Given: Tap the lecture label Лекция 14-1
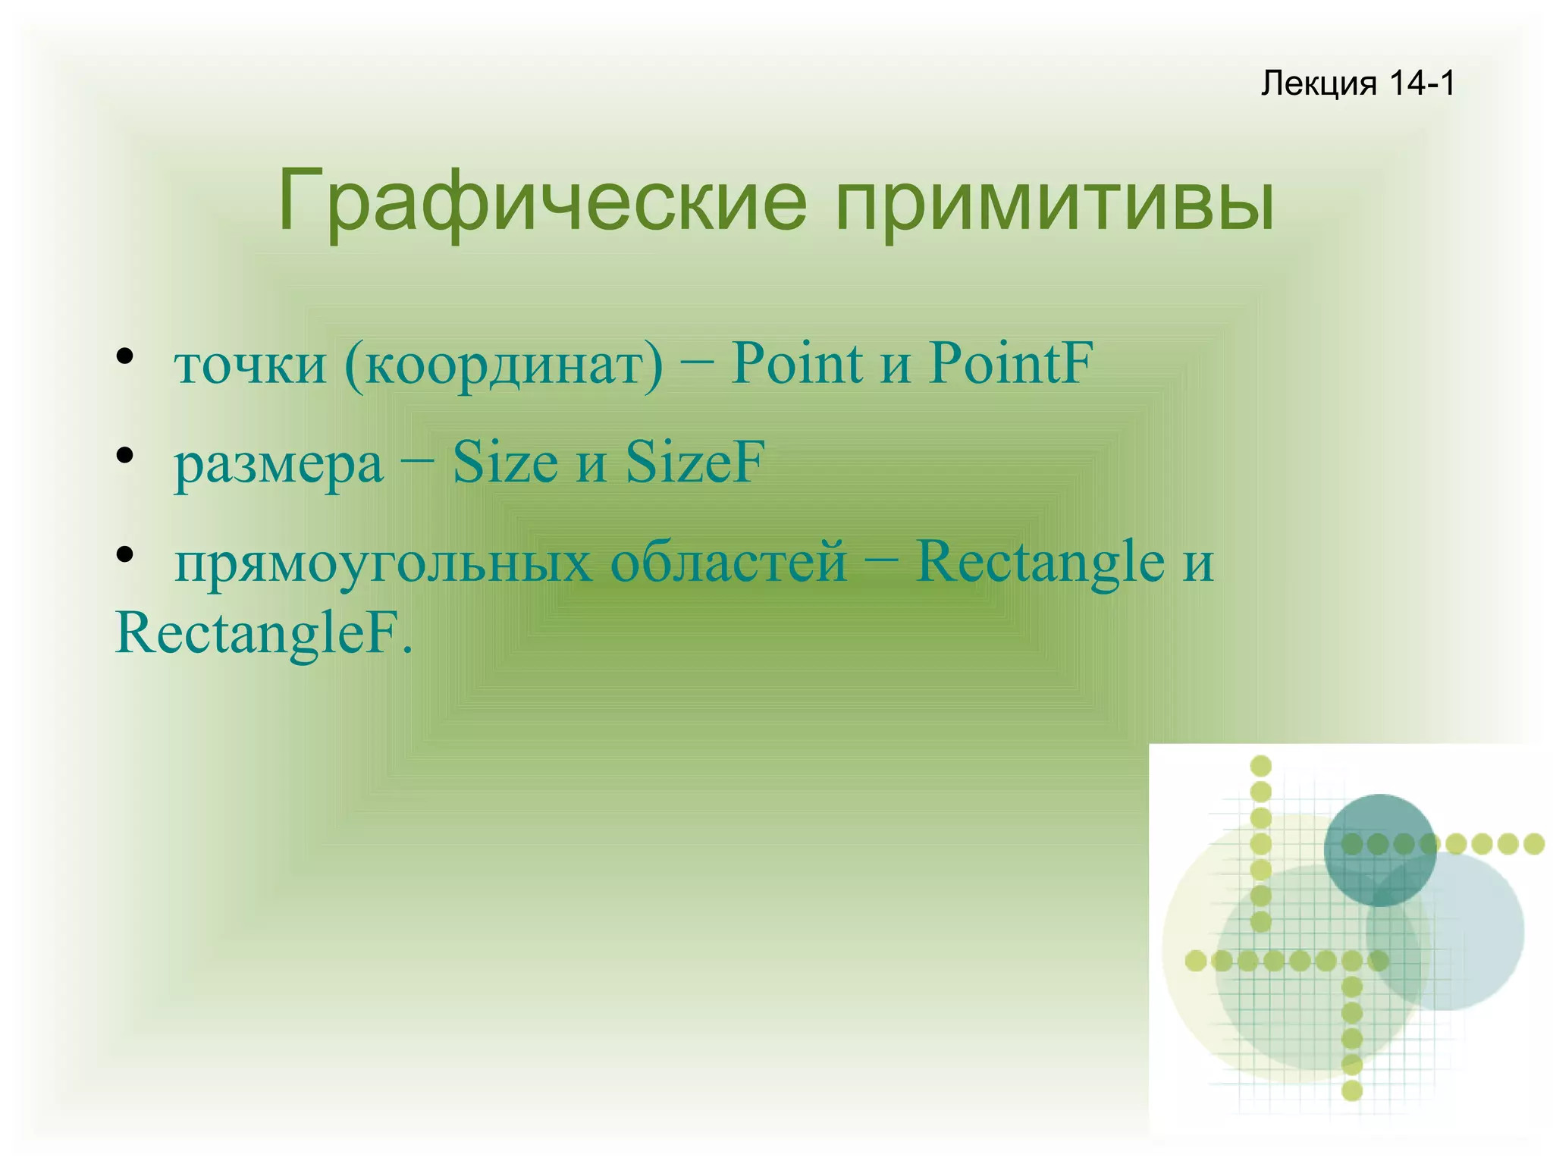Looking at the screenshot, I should pyautogui.click(x=1357, y=83).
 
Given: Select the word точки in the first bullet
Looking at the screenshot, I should pyautogui.click(x=250, y=364).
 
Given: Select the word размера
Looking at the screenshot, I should pyautogui.click(x=278, y=463).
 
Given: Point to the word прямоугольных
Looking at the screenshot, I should pyautogui.click(x=383, y=563).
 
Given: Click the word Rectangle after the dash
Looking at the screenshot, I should pyautogui.click(x=1040, y=562).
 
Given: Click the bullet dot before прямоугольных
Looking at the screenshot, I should pyautogui.click(x=125, y=555).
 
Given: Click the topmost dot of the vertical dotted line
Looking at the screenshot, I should pyautogui.click(x=1260, y=766).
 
